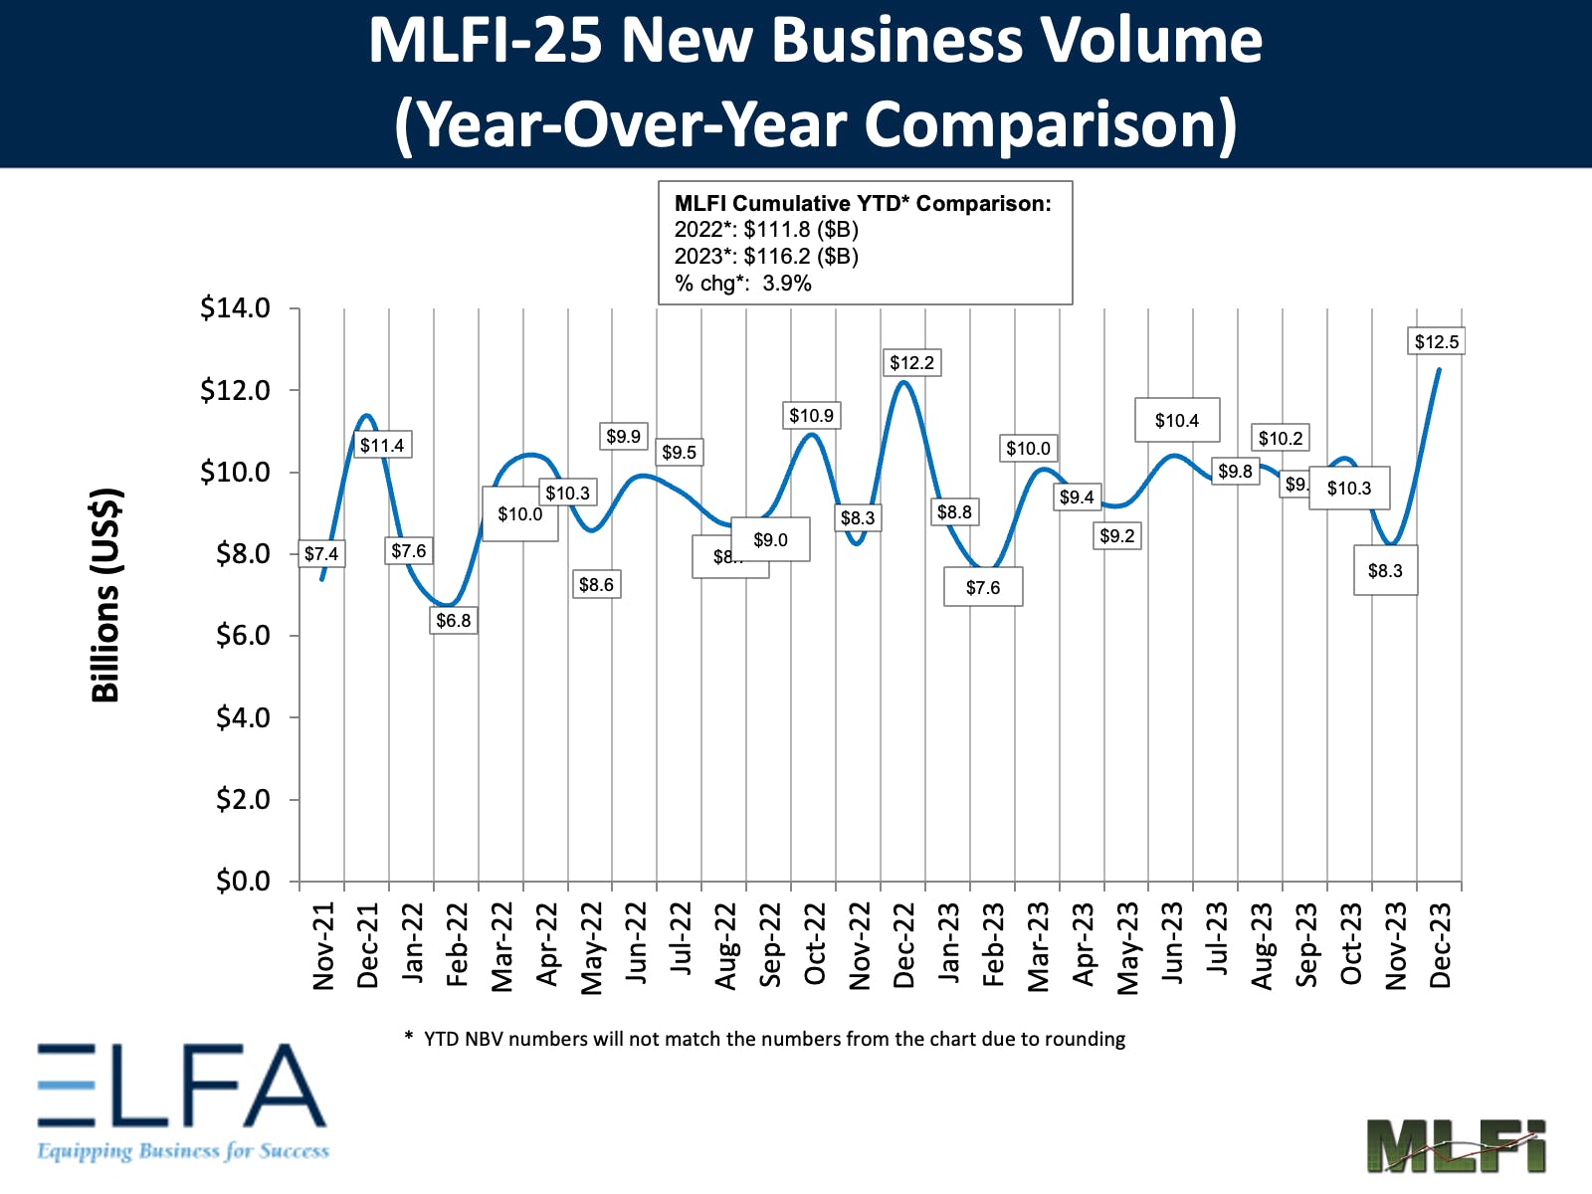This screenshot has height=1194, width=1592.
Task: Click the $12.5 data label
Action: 1437,342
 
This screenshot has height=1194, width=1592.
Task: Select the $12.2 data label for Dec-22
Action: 911,363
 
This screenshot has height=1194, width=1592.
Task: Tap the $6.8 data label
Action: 454,621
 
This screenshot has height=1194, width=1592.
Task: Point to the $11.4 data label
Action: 382,446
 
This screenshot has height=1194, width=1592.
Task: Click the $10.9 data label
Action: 812,416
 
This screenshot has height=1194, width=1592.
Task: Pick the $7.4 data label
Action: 321,554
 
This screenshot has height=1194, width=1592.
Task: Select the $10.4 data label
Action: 1177,421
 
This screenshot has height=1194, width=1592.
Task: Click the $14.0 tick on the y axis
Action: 235,308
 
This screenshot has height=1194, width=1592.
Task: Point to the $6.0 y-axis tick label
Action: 243,636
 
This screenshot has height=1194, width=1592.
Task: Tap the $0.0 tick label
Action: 243,882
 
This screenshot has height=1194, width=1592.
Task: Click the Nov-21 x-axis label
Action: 324,946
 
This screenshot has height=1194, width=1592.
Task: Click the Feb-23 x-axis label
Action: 994,945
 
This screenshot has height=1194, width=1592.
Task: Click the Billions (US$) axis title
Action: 105,595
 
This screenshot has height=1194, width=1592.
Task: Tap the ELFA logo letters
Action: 182,1086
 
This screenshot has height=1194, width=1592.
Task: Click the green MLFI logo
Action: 1456,1146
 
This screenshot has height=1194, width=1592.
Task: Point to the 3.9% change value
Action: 786,284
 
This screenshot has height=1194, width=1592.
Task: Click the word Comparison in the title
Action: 1050,125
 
